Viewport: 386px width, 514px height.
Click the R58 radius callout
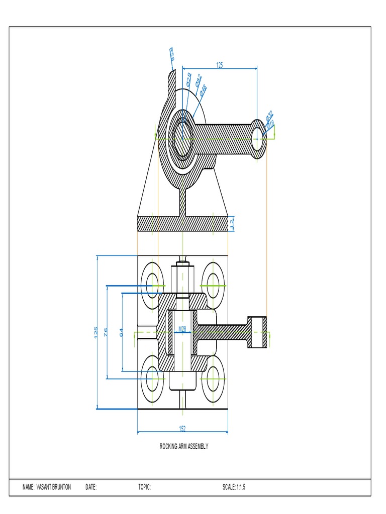coord(171,53)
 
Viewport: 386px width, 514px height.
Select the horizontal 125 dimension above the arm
coord(220,65)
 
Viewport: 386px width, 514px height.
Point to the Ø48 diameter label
coord(203,90)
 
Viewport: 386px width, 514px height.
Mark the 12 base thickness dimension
coord(232,223)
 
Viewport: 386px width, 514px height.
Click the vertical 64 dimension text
coord(121,332)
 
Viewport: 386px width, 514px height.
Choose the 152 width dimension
coord(182,429)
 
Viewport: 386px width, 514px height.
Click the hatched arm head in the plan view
coord(257,332)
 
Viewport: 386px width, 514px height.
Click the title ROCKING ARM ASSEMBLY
coord(183,446)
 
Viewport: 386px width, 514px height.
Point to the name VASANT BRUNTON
coord(47,487)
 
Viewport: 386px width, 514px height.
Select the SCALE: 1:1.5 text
coord(234,487)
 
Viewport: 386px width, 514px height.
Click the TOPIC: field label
coord(145,487)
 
